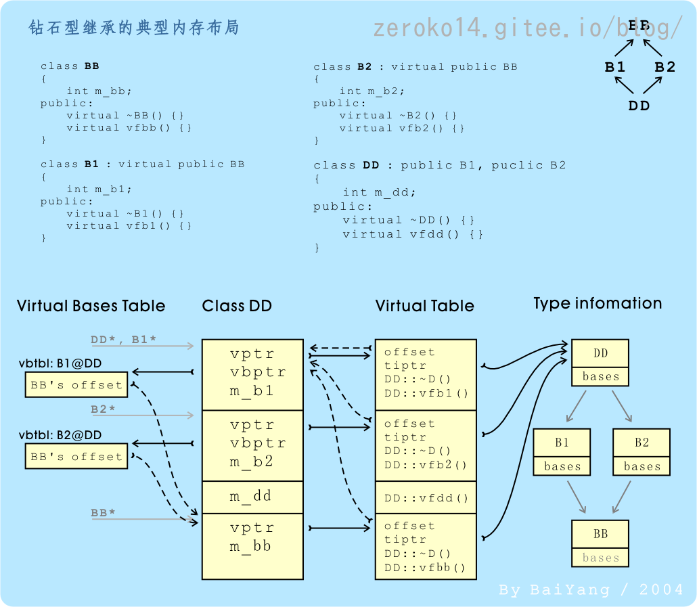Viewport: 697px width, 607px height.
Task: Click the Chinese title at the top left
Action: coord(134,28)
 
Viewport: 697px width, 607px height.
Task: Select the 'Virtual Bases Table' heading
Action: coord(91,306)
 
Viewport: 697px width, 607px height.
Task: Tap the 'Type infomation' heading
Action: coord(598,303)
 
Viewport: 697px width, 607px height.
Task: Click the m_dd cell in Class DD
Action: coord(251,496)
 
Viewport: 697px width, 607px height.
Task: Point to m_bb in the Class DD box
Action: coord(251,545)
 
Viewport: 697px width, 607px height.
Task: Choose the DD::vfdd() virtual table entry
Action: coord(426,499)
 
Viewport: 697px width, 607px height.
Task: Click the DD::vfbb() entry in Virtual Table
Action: coord(425,568)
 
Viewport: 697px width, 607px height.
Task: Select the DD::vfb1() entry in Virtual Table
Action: coord(426,393)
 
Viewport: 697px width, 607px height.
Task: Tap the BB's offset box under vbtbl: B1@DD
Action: coord(76,385)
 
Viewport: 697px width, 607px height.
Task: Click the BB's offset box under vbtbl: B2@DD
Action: coord(76,457)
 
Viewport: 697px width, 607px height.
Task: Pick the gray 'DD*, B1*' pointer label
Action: coord(124,339)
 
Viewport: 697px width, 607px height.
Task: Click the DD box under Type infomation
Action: coord(600,353)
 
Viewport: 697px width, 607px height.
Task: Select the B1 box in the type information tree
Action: coord(562,443)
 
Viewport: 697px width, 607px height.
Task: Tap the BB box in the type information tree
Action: coord(600,535)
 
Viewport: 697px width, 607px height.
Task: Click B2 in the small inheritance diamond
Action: coord(665,67)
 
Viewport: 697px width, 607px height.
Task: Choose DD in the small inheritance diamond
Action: coord(639,106)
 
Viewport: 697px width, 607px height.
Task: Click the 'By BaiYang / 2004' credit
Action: coord(591,590)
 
